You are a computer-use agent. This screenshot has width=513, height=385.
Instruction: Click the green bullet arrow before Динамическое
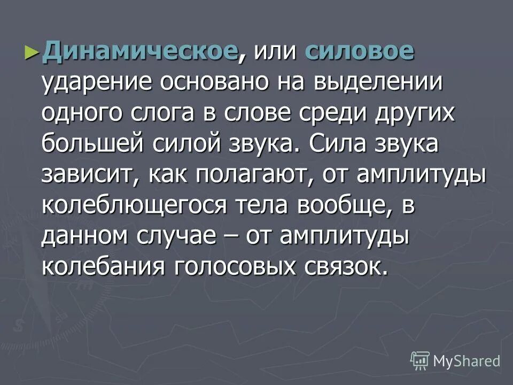pyautogui.click(x=32, y=52)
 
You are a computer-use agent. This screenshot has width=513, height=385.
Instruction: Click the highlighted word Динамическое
pyautogui.click(x=140, y=52)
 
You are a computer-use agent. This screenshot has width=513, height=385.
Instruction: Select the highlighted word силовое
pyautogui.click(x=359, y=52)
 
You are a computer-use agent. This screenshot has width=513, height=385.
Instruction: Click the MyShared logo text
pyautogui.click(x=467, y=361)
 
